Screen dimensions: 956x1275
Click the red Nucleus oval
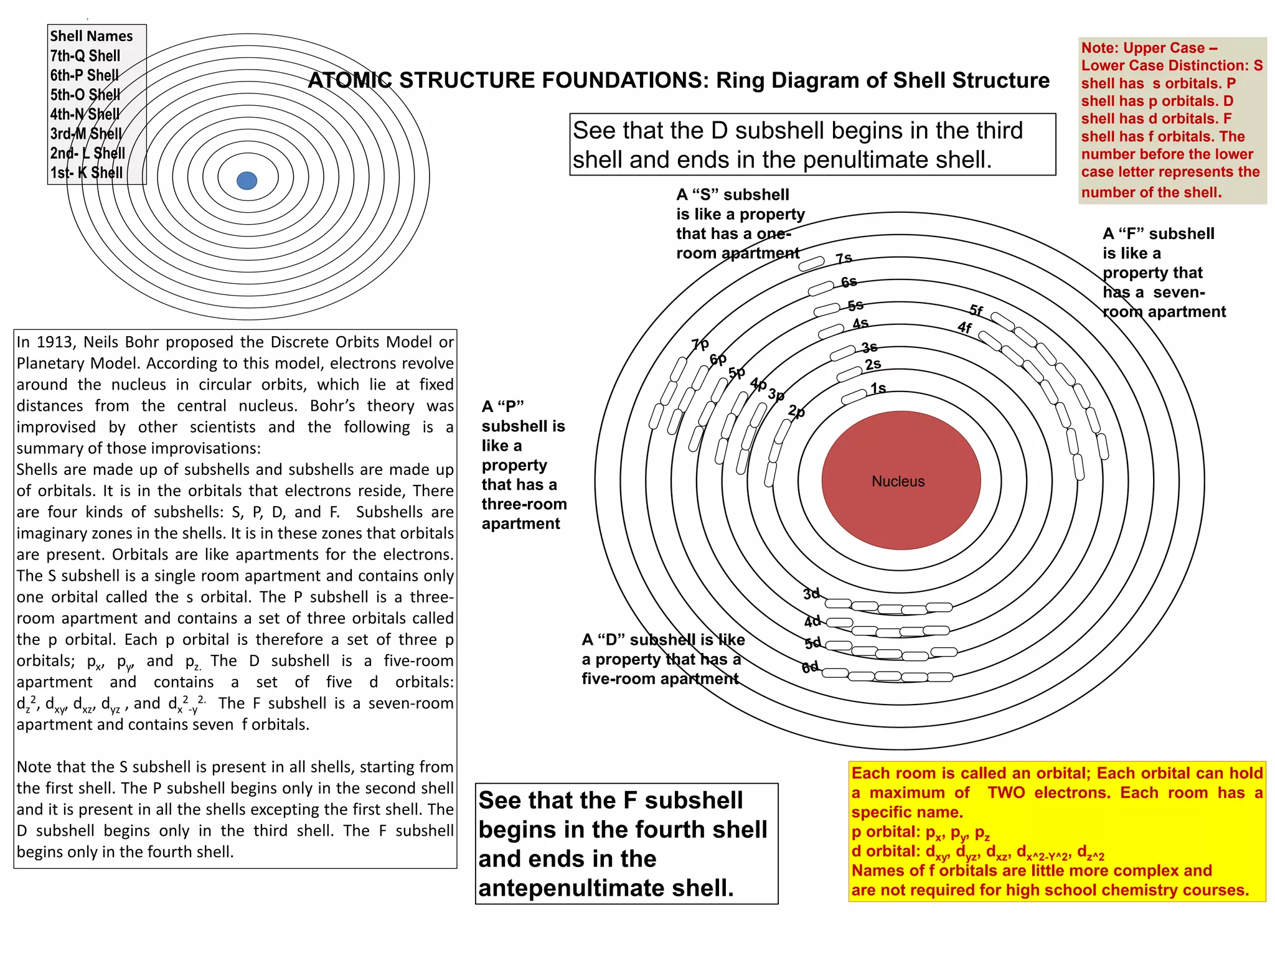(901, 480)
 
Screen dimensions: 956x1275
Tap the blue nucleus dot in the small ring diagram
(247, 180)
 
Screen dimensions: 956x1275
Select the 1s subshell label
(878, 388)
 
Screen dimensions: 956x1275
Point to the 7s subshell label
(844, 258)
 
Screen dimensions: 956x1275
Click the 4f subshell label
(964, 327)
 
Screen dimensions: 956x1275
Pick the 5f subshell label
(976, 310)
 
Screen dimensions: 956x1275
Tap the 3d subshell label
(811, 594)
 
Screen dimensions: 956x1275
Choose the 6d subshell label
(810, 667)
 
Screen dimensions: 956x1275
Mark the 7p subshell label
(700, 344)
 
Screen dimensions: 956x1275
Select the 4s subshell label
(860, 324)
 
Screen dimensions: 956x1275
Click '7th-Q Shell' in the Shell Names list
(85, 56)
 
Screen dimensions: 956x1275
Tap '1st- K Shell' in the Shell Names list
(87, 172)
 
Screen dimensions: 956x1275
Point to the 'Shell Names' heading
(92, 36)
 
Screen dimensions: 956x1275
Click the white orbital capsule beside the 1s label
(854, 396)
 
